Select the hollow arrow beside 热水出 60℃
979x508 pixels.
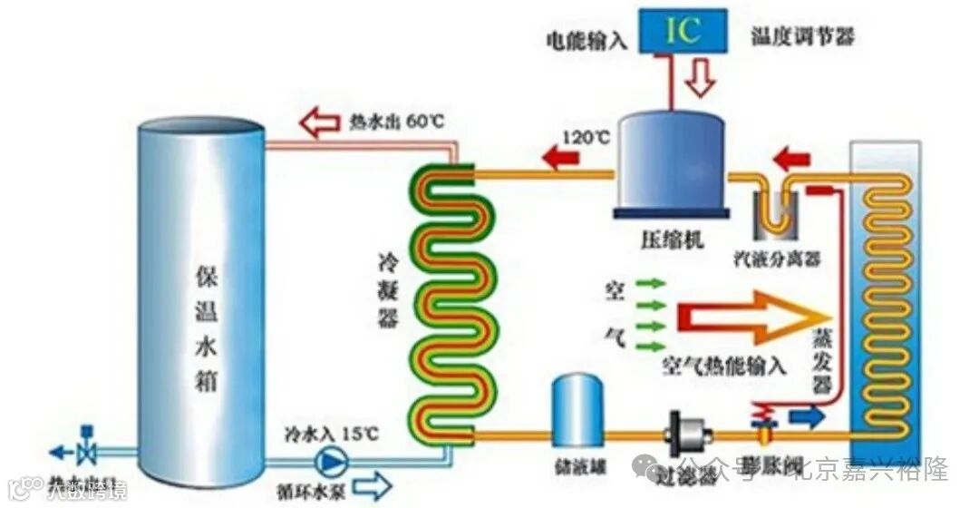pyautogui.click(x=322, y=122)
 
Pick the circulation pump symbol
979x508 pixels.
pyautogui.click(x=327, y=463)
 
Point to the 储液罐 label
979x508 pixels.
pyautogui.click(x=574, y=469)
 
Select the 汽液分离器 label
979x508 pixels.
pyautogui.click(x=777, y=260)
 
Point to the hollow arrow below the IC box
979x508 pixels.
pyautogui.click(x=698, y=81)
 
